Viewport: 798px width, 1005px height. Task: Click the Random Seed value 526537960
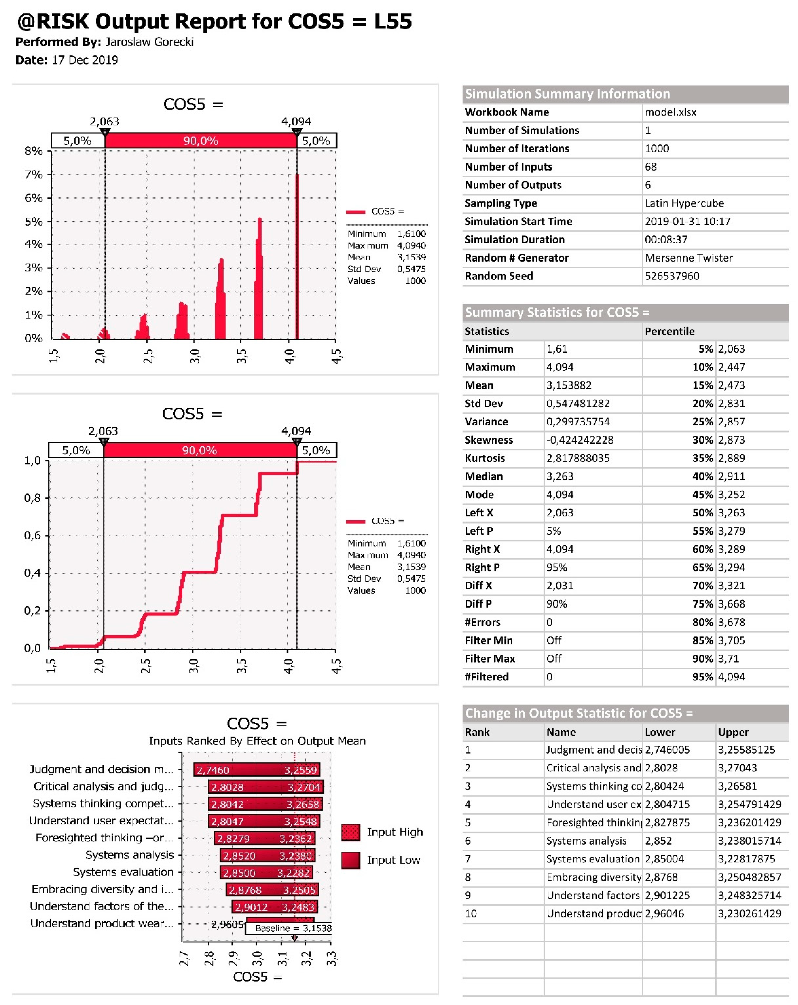coord(672,276)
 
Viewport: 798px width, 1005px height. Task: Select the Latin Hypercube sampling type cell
coord(684,203)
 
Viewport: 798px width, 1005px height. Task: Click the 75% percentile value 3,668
coord(731,604)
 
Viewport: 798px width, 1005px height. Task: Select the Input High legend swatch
coord(350,832)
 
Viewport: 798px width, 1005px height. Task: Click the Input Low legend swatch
coord(350,860)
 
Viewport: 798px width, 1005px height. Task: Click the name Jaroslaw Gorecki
coord(149,42)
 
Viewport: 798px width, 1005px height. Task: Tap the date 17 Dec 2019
coord(85,60)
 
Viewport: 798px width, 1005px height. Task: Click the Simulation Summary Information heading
coord(567,94)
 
